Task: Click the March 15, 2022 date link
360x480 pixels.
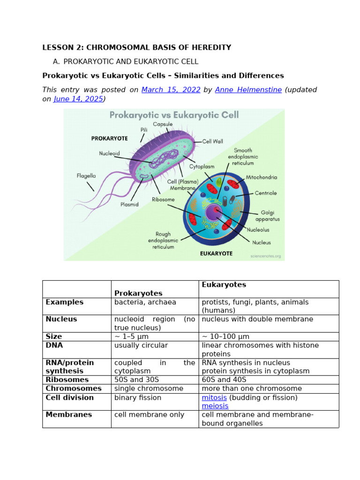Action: tap(171, 90)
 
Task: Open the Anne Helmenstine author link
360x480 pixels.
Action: tap(248, 90)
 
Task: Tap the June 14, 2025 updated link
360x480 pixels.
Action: tap(78, 99)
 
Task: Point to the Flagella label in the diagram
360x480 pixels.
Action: tap(86, 176)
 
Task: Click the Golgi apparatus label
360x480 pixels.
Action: tap(268, 216)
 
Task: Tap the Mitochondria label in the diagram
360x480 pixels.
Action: tap(262, 178)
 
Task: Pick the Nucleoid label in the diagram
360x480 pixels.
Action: tap(110, 153)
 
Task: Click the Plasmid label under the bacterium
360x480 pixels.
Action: tap(129, 204)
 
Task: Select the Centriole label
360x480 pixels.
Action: tap(266, 193)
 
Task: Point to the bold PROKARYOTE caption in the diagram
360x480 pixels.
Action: tap(109, 139)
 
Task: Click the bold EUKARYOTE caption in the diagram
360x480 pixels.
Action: tap(216, 253)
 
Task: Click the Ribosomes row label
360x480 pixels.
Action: tap(67, 380)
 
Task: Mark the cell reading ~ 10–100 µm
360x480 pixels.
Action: tap(225, 337)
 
